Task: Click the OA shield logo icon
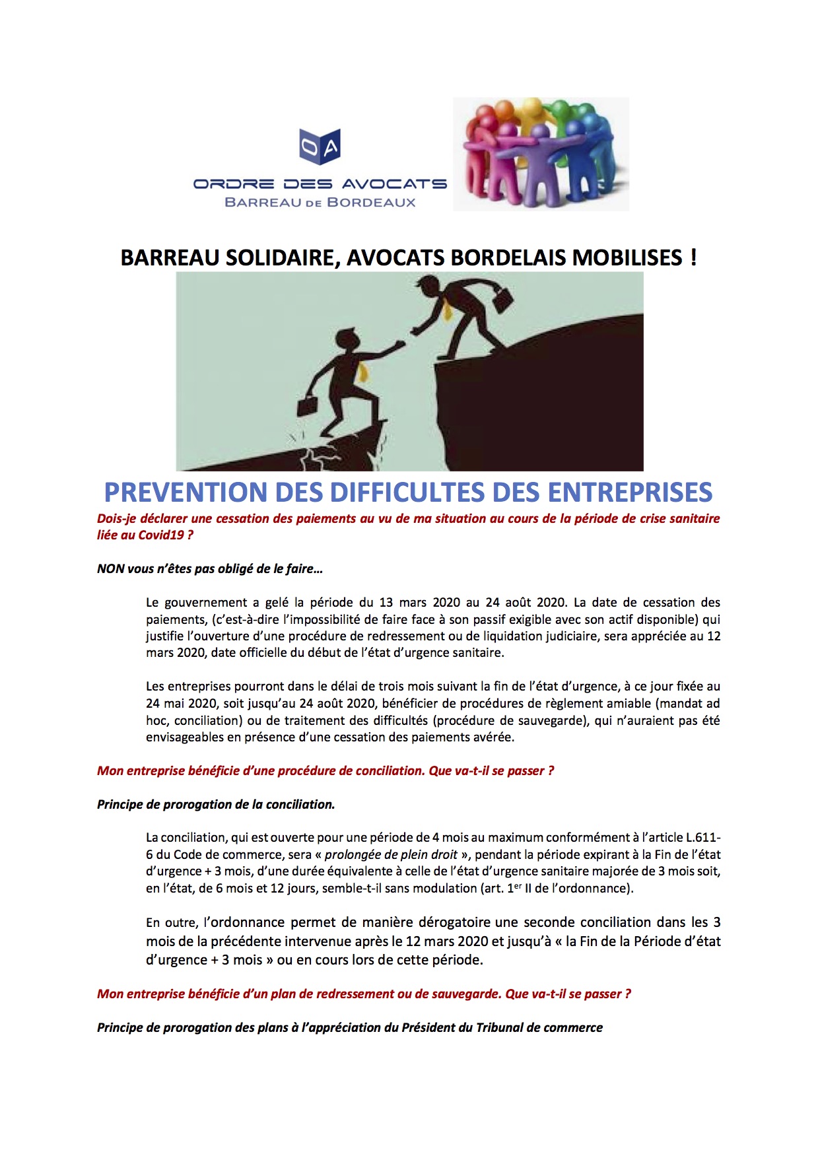point(320,147)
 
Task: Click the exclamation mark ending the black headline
point(693,256)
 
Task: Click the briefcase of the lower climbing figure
point(307,407)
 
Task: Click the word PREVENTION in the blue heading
point(186,493)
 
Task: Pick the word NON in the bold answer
point(111,569)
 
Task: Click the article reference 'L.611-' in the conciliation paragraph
point(702,838)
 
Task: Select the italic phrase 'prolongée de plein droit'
point(391,855)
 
